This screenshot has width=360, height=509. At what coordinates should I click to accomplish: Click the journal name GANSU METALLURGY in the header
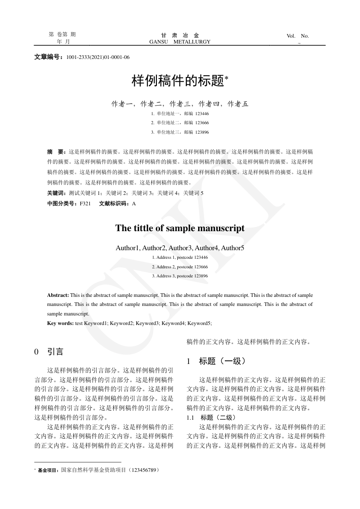180,42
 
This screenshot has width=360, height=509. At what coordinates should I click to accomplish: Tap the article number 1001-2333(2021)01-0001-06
98,58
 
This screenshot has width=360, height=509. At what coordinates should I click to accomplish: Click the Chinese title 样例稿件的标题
178,81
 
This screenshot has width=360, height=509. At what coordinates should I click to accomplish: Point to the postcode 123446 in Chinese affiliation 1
202,113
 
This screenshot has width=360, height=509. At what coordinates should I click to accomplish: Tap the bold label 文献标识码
113,204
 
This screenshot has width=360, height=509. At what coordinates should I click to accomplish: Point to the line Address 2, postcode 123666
180,267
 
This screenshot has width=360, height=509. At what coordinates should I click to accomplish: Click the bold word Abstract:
58,295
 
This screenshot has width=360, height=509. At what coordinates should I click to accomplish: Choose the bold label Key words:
60,323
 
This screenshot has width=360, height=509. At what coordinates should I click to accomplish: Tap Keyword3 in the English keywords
147,323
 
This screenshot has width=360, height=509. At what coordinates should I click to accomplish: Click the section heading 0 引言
49,352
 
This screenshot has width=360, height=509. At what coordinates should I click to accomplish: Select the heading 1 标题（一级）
216,361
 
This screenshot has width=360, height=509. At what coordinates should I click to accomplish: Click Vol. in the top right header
291,36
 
